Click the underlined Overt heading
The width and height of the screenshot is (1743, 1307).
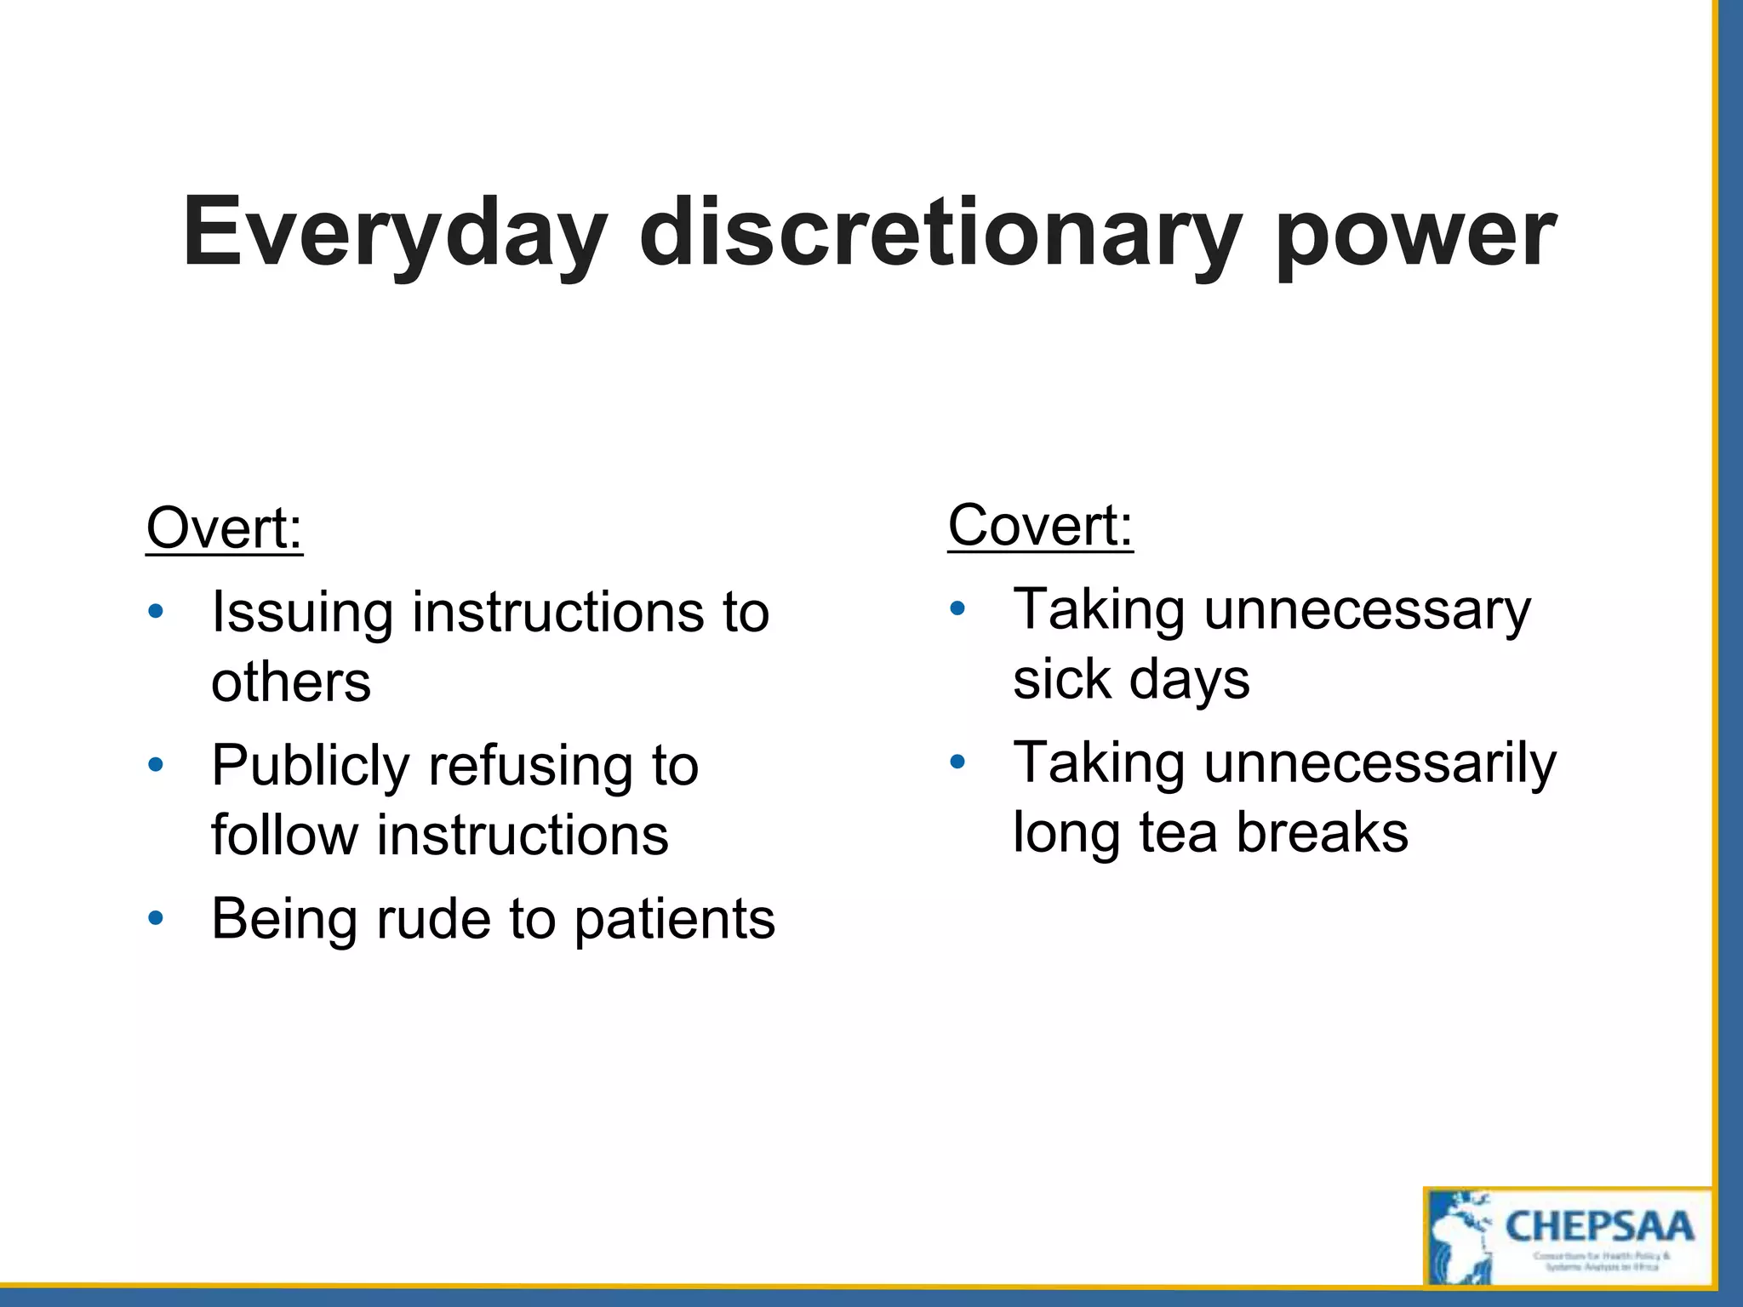pyautogui.click(x=224, y=528)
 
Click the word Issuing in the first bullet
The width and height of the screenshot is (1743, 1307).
pyautogui.click(x=302, y=613)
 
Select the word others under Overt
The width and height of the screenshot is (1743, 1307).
pyautogui.click(x=291, y=682)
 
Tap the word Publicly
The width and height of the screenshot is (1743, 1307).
pyautogui.click(x=311, y=766)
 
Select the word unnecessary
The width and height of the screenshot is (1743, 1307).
pyautogui.click(x=1367, y=611)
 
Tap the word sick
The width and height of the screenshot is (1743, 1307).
pyautogui.click(x=1062, y=679)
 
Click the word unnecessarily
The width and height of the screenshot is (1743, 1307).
pyautogui.click(x=1380, y=764)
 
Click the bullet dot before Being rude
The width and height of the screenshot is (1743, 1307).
pyautogui.click(x=155, y=918)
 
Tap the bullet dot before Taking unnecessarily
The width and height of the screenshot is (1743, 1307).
pyautogui.click(x=957, y=762)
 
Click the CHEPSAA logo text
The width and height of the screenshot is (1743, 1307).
pyautogui.click(x=1599, y=1227)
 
